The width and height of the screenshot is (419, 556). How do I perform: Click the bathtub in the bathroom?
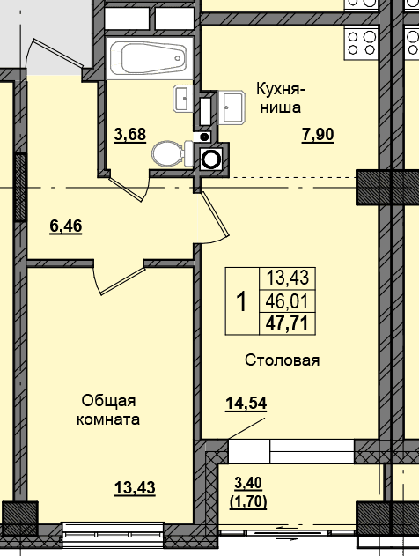pyautogui.click(x=149, y=58)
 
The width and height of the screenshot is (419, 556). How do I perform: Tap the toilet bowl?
pyautogui.click(x=173, y=153)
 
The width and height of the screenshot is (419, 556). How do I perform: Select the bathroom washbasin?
pyautogui.click(x=183, y=99)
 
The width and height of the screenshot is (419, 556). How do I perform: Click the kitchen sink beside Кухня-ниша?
pyautogui.click(x=232, y=107)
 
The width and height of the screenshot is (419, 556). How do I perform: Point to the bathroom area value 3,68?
pyautogui.click(x=130, y=135)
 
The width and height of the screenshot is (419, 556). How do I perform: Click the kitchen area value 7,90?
pyautogui.click(x=318, y=135)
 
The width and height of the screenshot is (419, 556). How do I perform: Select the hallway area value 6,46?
pyautogui.click(x=66, y=226)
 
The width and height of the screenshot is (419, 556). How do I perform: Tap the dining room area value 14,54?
pyautogui.click(x=246, y=404)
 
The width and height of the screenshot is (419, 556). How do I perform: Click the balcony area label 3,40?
pyautogui.click(x=248, y=483)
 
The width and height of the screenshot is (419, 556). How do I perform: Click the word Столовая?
pyautogui.click(x=283, y=360)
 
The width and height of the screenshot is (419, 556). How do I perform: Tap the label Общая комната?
pyautogui.click(x=108, y=410)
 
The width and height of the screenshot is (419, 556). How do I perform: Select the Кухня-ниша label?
pyautogui.click(x=281, y=98)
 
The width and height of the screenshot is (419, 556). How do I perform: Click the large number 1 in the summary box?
pyautogui.click(x=242, y=301)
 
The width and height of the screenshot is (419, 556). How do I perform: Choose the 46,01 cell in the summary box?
pyautogui.click(x=287, y=301)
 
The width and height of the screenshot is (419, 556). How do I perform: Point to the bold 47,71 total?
pyautogui.click(x=287, y=323)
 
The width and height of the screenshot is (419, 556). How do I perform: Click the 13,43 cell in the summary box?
pyautogui.click(x=288, y=278)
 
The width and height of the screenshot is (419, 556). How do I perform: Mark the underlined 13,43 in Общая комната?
pyautogui.click(x=135, y=487)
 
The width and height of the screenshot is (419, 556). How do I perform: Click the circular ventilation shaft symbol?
pyautogui.click(x=211, y=159)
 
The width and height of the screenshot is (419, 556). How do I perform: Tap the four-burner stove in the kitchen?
pyautogui.click(x=362, y=43)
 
